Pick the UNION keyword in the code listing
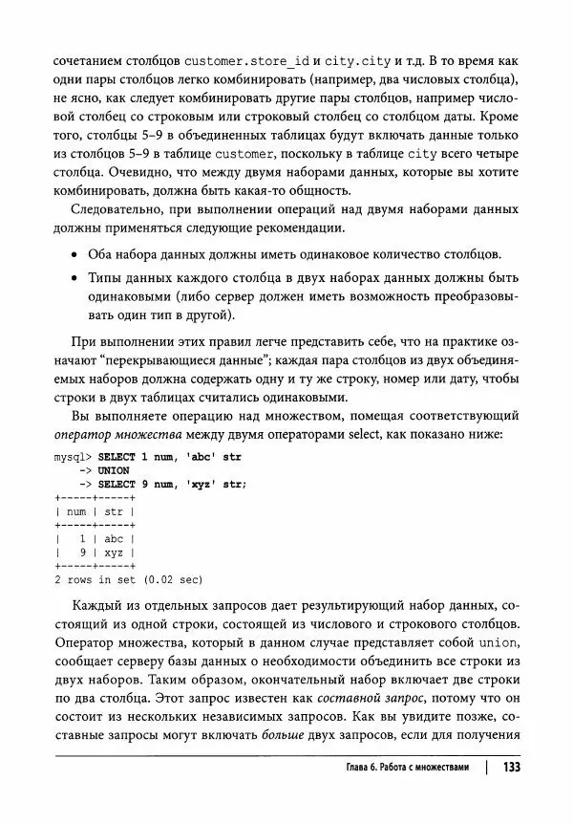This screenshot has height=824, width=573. pos(114,470)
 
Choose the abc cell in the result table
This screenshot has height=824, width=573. pos(115,538)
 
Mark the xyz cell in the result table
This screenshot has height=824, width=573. pos(115,552)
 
